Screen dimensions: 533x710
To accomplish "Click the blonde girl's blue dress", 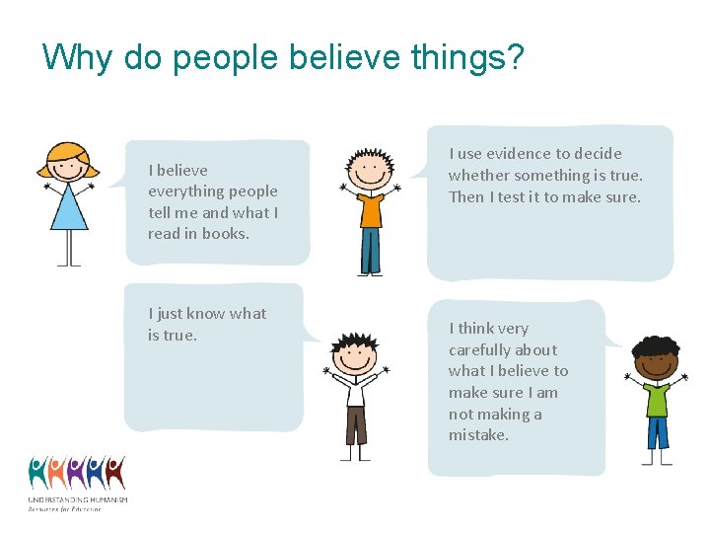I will pyautogui.click(x=69, y=209).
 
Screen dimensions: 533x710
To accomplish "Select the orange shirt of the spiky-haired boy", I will pyautogui.click(x=371, y=209).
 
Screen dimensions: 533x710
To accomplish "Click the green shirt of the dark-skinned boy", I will pyautogui.click(x=656, y=398).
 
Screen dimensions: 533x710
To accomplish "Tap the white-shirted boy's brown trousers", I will pyautogui.click(x=355, y=424).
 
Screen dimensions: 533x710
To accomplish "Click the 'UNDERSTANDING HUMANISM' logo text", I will pyautogui.click(x=77, y=499).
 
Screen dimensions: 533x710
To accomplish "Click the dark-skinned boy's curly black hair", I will pyautogui.click(x=656, y=348).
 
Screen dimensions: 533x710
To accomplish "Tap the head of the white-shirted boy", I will pyautogui.click(x=354, y=353).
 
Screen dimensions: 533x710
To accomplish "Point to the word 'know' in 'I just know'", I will pyautogui.click(x=206, y=313).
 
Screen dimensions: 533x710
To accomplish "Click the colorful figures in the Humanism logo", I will pyautogui.click(x=77, y=473).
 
